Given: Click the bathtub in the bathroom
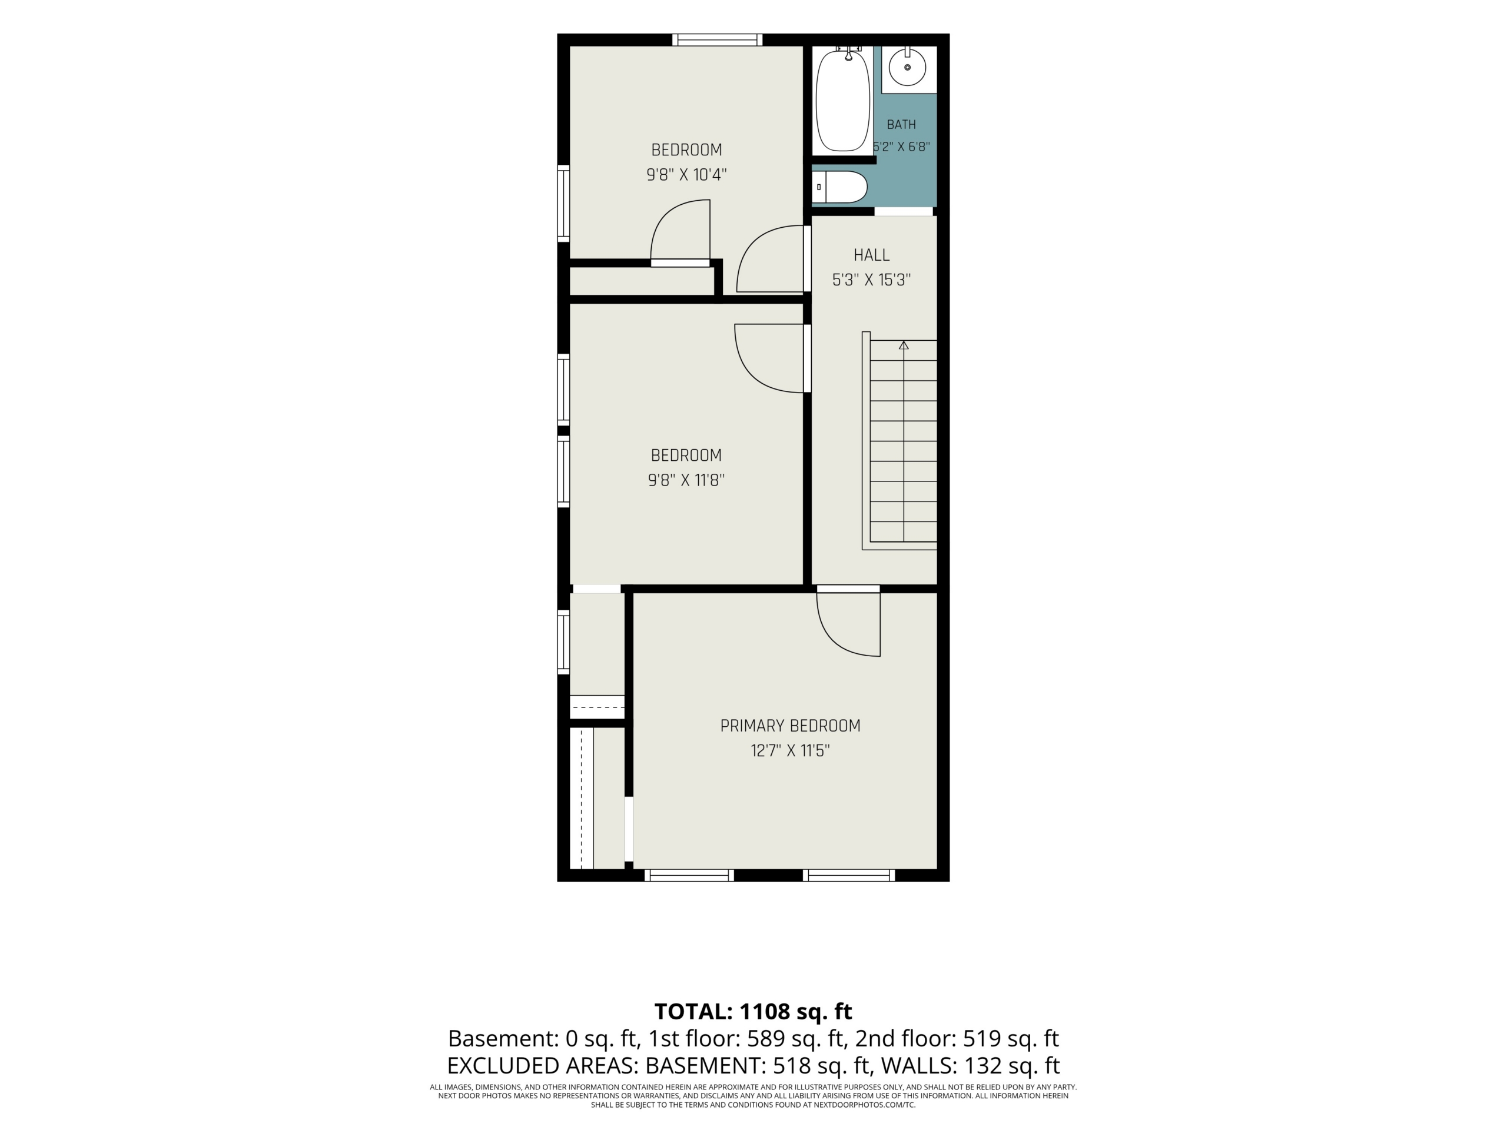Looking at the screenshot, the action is [x=843, y=99].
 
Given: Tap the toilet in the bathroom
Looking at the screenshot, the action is [x=840, y=187].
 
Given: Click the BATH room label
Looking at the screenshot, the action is [x=901, y=125].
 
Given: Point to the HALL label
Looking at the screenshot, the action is [x=871, y=255].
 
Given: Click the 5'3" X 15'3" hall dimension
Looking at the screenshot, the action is [x=871, y=280].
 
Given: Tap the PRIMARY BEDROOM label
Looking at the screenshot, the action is [x=790, y=726].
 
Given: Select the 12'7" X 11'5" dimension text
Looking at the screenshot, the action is [x=790, y=750].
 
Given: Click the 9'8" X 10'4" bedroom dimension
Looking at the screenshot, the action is [x=687, y=175].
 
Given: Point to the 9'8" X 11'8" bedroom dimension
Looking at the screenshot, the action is [x=686, y=480].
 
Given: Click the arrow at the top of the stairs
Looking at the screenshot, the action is [x=904, y=346].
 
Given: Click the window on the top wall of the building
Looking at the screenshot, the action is [x=718, y=40].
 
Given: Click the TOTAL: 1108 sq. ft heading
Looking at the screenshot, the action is [x=753, y=1012].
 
